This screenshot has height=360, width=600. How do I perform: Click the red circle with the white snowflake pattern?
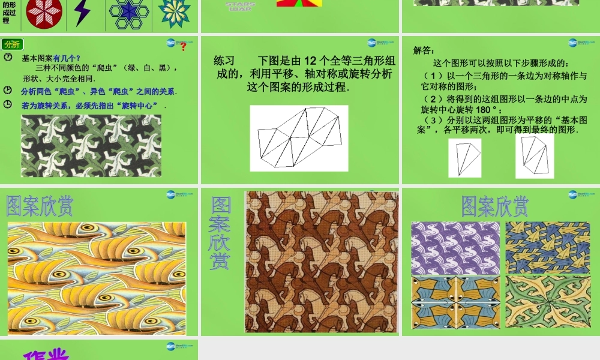pos(44,13)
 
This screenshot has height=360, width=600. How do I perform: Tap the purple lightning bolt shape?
pos(82,13)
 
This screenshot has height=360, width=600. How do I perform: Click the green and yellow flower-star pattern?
pos(175,13)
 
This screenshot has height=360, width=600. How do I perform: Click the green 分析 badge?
pos(12,44)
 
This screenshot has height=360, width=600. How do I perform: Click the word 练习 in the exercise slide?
pos(224,61)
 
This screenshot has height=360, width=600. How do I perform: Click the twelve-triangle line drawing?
pos(298,138)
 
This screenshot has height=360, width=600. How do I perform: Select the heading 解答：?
pos(424,51)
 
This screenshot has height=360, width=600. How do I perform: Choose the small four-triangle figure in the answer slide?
pos(534,155)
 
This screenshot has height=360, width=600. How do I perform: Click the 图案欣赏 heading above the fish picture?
pos(40,206)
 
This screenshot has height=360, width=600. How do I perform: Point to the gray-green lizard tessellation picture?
pos(91,146)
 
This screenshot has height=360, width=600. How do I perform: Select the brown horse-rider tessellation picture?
pos(321,262)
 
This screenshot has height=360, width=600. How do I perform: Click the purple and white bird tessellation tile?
pos(455,248)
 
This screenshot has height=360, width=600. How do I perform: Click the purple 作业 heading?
pos(47,355)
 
